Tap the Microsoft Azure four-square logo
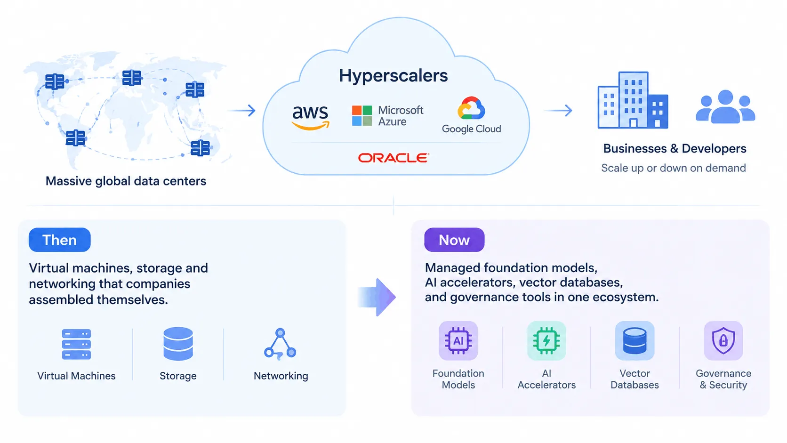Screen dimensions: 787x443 (x=362, y=116)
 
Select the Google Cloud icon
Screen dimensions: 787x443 (x=471, y=108)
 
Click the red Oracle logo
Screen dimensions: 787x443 (x=393, y=158)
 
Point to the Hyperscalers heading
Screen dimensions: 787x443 (x=393, y=76)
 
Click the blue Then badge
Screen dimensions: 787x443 (x=60, y=240)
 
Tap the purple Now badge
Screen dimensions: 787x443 (x=454, y=240)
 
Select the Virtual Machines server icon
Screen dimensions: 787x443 (x=76, y=344)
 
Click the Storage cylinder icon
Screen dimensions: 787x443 (x=178, y=344)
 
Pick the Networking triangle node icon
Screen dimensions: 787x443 (x=280, y=344)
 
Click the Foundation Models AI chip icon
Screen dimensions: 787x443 (x=458, y=340)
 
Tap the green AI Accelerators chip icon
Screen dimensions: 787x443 (x=546, y=340)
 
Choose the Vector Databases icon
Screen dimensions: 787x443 (x=634, y=340)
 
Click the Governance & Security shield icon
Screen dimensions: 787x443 (x=723, y=340)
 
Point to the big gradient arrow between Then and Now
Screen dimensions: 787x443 (x=377, y=297)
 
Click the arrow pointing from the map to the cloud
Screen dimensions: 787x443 (x=242, y=110)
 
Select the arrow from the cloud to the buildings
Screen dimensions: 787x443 (x=558, y=110)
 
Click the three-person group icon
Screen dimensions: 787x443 (x=725, y=106)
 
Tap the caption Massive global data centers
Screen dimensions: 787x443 (x=126, y=181)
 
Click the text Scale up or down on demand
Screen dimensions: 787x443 (x=674, y=168)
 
